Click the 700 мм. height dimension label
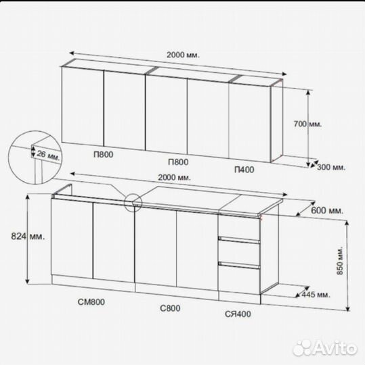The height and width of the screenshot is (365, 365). click(x=307, y=124)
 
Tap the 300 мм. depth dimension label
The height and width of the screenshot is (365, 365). click(x=331, y=167)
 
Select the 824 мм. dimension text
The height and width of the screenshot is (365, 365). click(x=28, y=237)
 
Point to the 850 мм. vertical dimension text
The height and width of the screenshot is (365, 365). click(x=340, y=260)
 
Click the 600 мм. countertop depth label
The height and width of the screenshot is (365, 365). click(x=327, y=210)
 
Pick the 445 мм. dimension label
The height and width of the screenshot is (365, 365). click(x=316, y=295)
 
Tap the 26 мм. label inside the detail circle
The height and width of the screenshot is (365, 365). click(x=48, y=155)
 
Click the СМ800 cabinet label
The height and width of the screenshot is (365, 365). click(x=91, y=302)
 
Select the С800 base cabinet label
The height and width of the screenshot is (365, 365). click(x=170, y=308)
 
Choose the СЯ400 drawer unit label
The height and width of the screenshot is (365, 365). click(x=238, y=314)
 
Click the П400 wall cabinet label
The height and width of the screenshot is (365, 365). click(x=244, y=170)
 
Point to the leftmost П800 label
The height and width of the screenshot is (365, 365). click(x=104, y=154)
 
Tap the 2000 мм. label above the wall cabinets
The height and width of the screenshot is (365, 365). click(x=183, y=55)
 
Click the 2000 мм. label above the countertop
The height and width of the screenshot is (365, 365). click(x=174, y=177)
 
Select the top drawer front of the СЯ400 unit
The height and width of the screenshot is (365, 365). click(x=239, y=226)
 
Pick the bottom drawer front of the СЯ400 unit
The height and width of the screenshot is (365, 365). click(x=239, y=279)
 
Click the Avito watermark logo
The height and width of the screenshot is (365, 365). click(x=324, y=348)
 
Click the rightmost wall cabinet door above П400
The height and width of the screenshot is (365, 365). click(x=250, y=122)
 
